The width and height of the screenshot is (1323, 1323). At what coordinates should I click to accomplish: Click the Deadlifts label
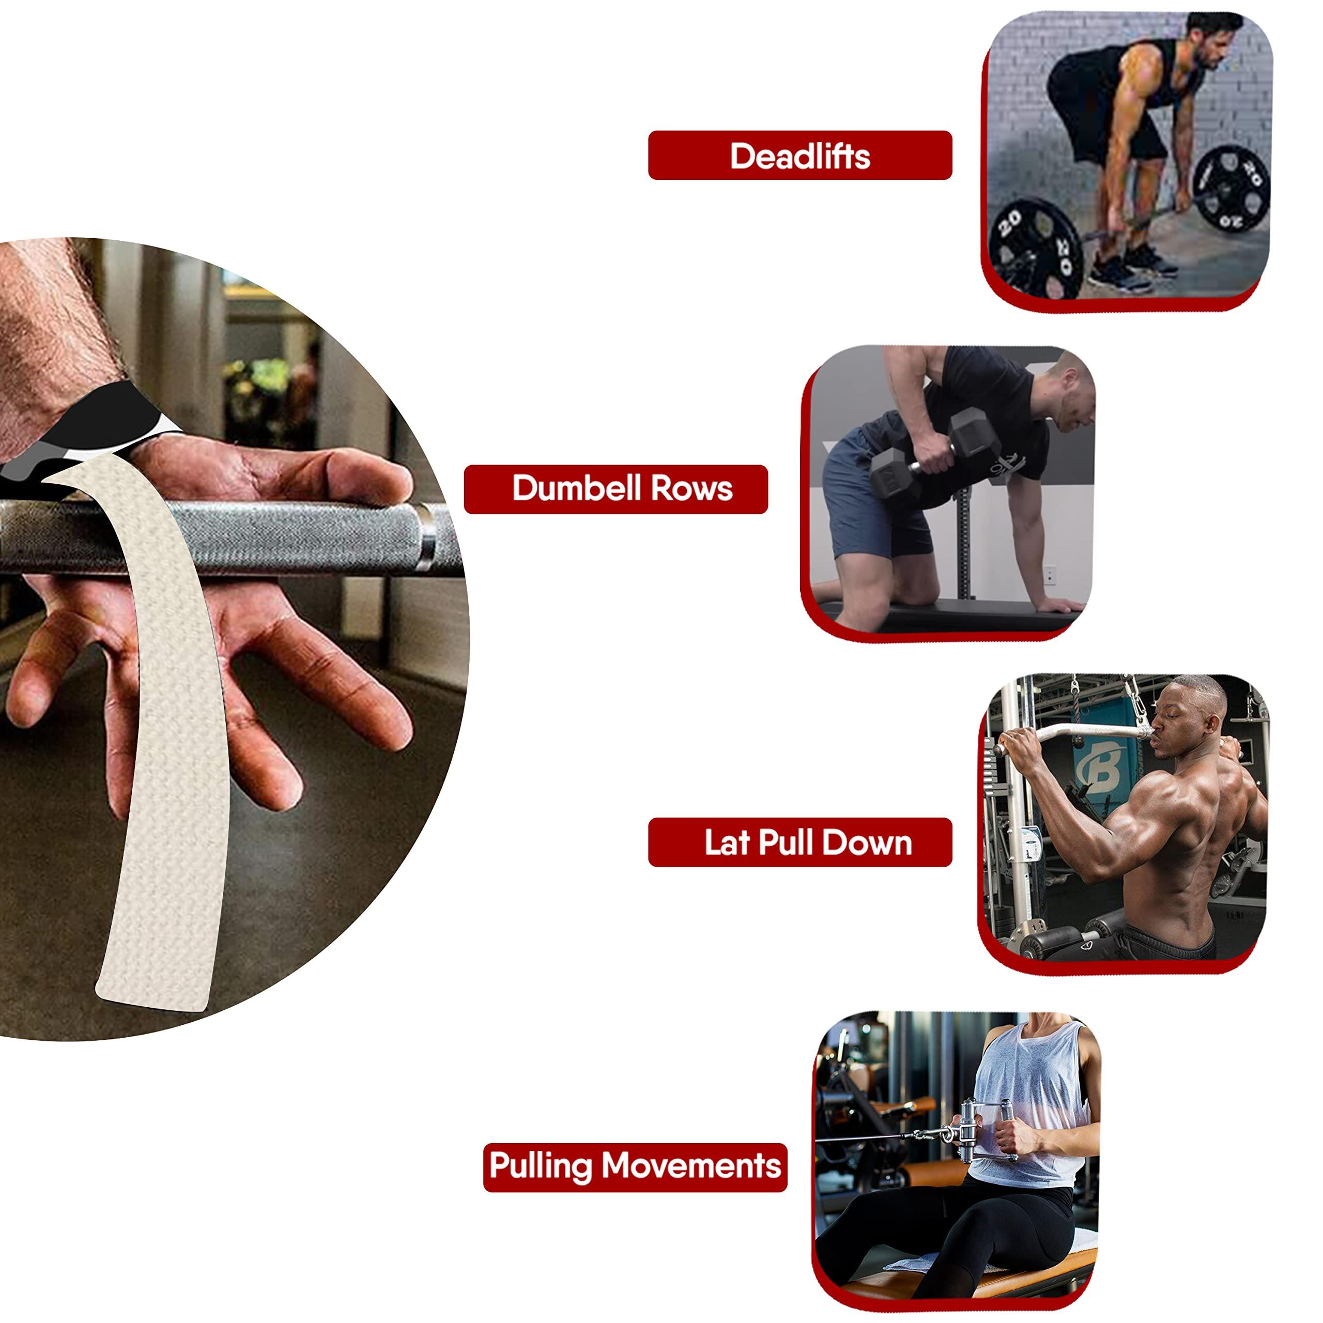point(800,156)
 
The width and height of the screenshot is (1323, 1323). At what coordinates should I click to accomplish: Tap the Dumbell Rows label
point(616,489)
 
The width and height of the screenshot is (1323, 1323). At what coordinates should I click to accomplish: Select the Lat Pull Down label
point(800,842)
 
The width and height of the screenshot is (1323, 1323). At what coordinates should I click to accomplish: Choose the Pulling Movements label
point(635,1165)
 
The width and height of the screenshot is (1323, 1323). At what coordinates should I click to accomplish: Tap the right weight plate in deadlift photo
point(1230,190)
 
